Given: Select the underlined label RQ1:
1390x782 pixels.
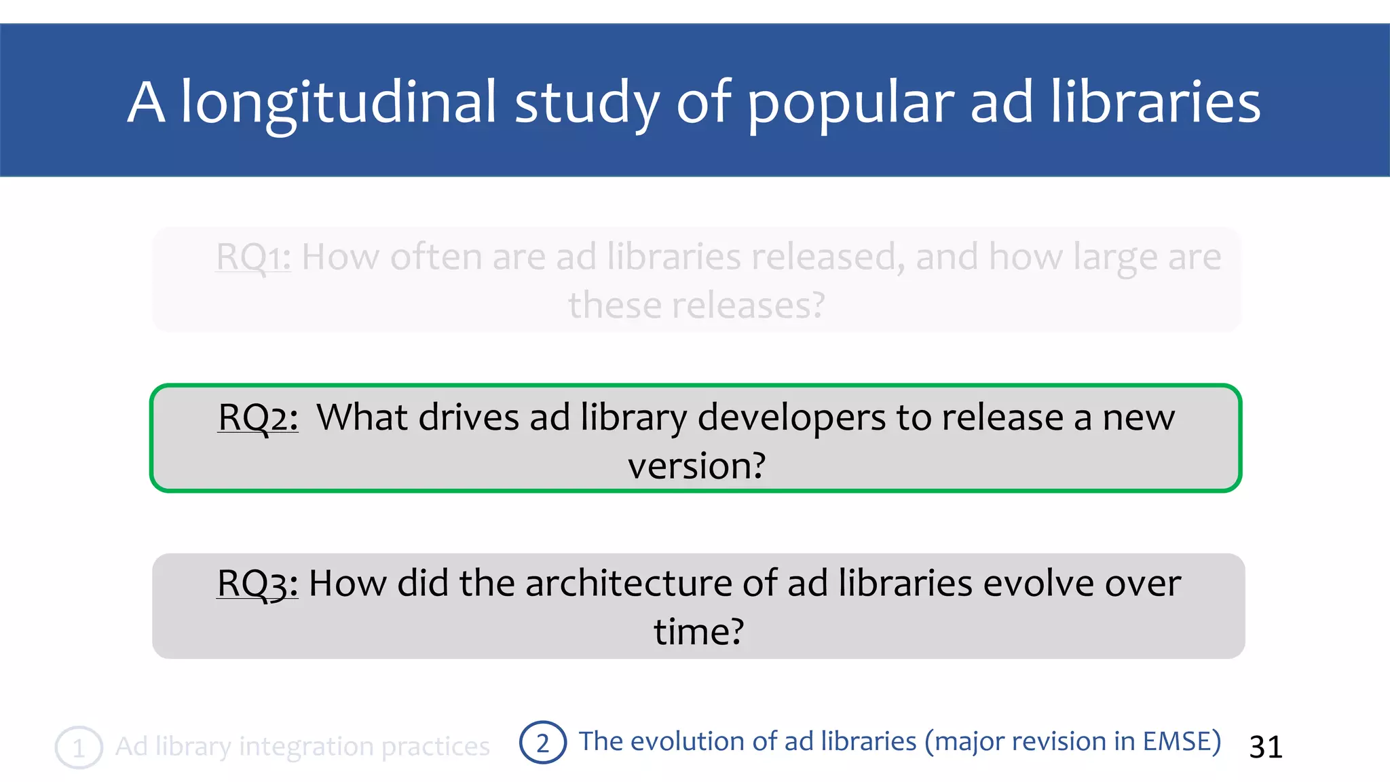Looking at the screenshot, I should pos(253,257).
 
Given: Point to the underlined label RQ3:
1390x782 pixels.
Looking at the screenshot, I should pos(257,583).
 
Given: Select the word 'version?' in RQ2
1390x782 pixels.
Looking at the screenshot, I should pos(696,466).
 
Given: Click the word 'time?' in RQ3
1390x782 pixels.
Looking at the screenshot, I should pos(698,632).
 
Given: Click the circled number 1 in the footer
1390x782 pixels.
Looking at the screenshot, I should pos(79,747).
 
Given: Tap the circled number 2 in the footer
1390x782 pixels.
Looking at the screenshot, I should pos(542,743).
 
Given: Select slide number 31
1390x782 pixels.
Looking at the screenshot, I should pos(1266,747).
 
